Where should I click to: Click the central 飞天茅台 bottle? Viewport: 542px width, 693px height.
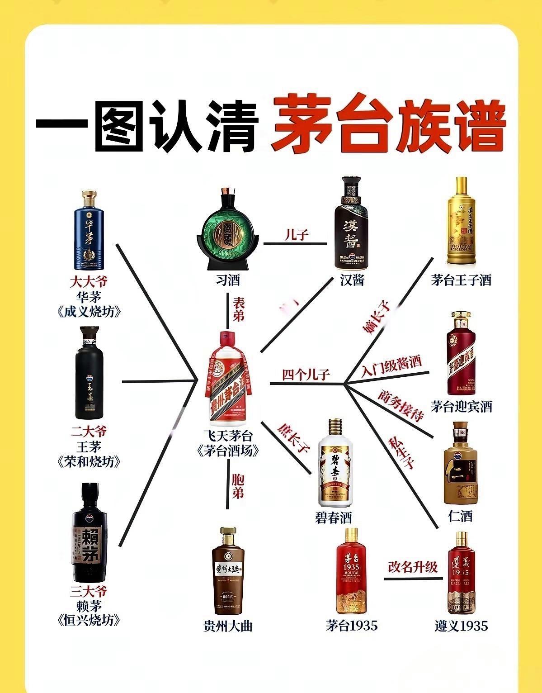(229, 380)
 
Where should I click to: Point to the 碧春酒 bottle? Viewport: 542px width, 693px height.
(335, 464)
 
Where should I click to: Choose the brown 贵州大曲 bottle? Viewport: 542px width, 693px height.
(228, 572)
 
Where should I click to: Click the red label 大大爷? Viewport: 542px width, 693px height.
(89, 282)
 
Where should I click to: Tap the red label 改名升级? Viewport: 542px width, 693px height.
(413, 566)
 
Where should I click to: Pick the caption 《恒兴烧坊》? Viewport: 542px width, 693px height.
(89, 620)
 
